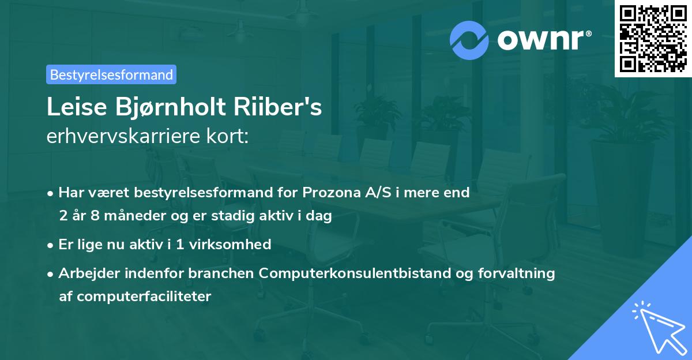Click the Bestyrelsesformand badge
click(111, 74)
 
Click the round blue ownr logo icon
click(469, 40)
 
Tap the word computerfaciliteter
click(144, 297)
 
